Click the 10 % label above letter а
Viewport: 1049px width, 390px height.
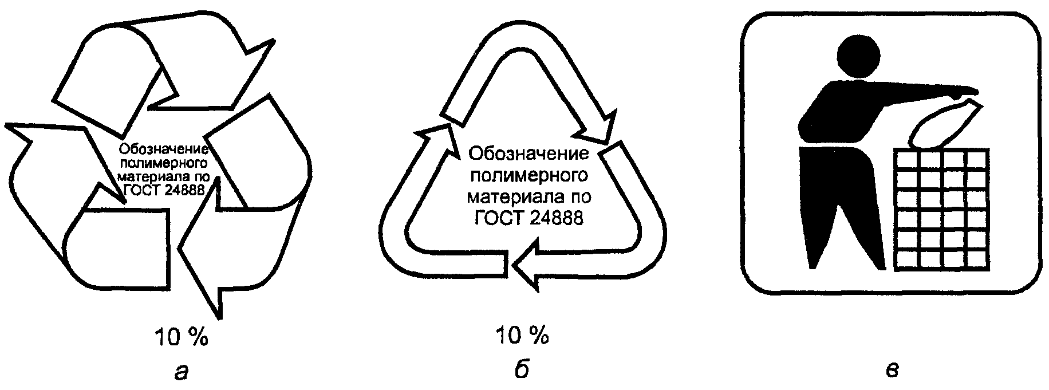pyautogui.click(x=181, y=338)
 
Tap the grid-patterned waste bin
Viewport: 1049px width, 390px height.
pyautogui.click(x=941, y=209)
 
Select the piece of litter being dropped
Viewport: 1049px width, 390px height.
pyautogui.click(x=944, y=125)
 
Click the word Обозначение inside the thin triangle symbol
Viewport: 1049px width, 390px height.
pyautogui.click(x=529, y=154)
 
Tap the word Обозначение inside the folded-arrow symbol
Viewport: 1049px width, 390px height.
pyautogui.click(x=162, y=149)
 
